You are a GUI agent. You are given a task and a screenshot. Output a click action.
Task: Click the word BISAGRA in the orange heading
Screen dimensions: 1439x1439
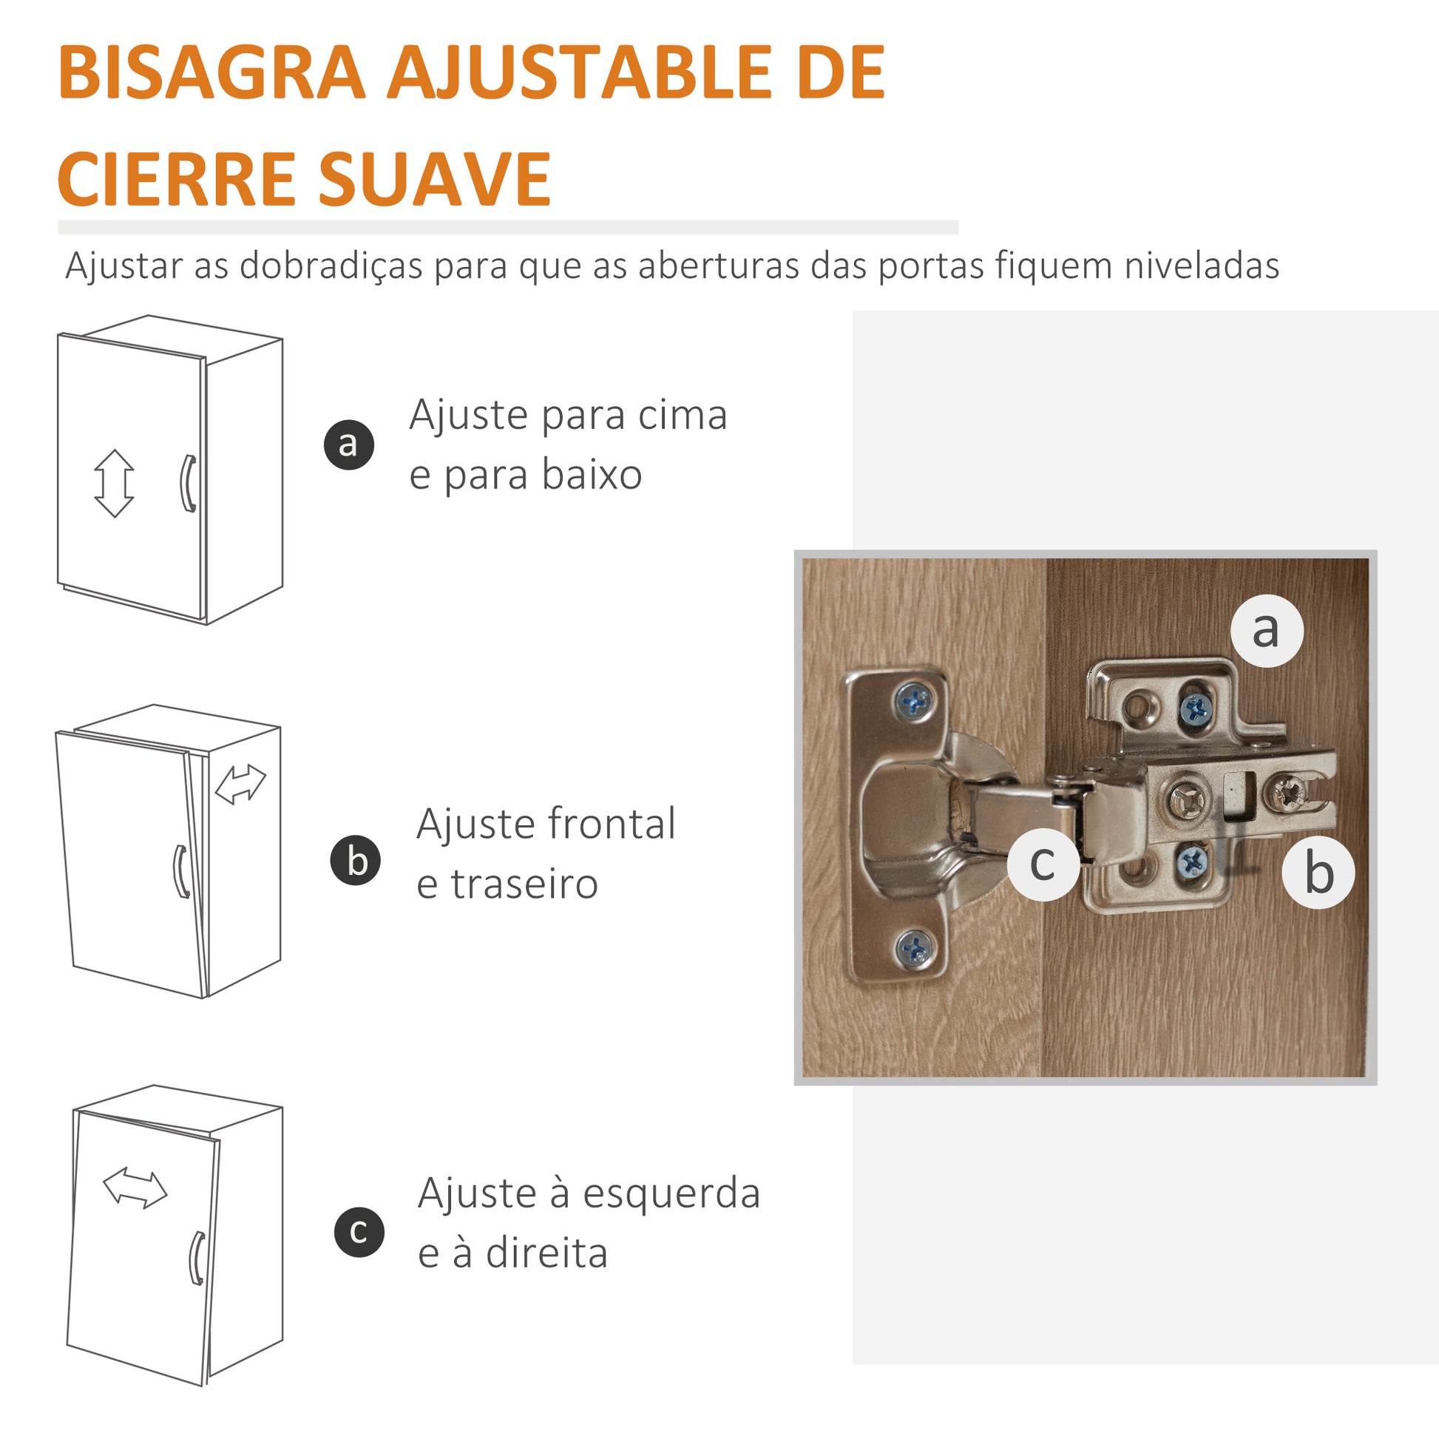pyautogui.click(x=212, y=72)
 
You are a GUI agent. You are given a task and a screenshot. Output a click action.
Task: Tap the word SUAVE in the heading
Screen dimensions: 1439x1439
pyautogui.click(x=435, y=179)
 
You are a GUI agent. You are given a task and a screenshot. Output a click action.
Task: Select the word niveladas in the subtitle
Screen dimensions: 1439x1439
pyautogui.click(x=1202, y=266)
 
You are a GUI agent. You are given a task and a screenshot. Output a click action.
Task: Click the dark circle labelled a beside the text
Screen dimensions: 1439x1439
pyautogui.click(x=348, y=444)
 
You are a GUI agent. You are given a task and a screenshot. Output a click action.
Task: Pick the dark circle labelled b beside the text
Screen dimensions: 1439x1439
pyautogui.click(x=356, y=861)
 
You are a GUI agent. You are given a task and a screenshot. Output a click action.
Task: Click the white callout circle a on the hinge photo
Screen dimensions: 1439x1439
pyautogui.click(x=1267, y=630)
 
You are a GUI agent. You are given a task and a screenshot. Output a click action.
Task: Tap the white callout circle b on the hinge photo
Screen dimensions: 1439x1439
pyautogui.click(x=1318, y=872)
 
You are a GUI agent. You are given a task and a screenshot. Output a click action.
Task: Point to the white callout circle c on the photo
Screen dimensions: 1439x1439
pyautogui.click(x=1043, y=864)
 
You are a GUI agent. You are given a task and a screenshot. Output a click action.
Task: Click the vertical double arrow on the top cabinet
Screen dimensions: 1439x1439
pyautogui.click(x=114, y=484)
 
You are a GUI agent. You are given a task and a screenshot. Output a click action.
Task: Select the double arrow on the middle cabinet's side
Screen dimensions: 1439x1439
pyautogui.click(x=240, y=785)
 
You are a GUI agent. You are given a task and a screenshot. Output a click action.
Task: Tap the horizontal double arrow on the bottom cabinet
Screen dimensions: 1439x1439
pyautogui.click(x=135, y=1188)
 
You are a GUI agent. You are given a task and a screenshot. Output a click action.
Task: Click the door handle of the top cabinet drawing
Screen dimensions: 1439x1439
pyautogui.click(x=189, y=484)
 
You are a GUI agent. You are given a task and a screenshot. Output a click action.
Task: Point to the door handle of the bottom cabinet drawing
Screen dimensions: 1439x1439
pyautogui.click(x=197, y=1258)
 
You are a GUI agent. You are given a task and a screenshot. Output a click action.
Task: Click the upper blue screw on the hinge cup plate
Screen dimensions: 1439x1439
pyautogui.click(x=915, y=700)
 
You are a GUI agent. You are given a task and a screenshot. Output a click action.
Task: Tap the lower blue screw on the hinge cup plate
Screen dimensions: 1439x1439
pyautogui.click(x=914, y=949)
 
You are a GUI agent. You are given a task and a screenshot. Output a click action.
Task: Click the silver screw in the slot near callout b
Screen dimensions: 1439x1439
pyautogui.click(x=1288, y=793)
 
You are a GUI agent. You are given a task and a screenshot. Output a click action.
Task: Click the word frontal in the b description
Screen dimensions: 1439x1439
pyautogui.click(x=611, y=824)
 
